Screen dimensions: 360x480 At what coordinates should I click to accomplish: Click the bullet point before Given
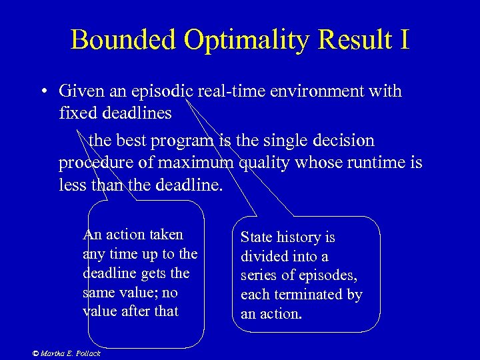point(42,91)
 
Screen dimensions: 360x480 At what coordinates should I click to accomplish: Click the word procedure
point(97,163)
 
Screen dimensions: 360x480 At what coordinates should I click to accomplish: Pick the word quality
point(264,163)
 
